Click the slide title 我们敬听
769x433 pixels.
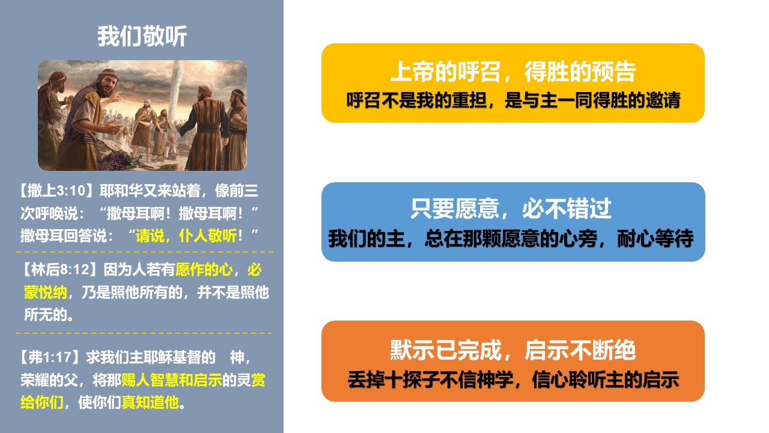coord(142,36)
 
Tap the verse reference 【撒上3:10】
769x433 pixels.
coord(56,191)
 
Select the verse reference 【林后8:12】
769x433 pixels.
coord(61,269)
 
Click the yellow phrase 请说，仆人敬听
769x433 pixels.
coord(186,236)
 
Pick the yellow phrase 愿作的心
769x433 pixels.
coord(204,269)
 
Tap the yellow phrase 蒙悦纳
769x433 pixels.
coord(45,292)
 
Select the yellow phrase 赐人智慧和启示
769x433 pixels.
coord(172,380)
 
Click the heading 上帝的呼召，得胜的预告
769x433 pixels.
coord(513,72)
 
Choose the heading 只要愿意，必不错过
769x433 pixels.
coord(511,209)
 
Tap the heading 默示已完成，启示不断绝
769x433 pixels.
coord(513,350)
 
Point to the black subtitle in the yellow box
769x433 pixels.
coord(513,100)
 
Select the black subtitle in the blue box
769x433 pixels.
coord(511,238)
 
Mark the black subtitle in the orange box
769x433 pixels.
coord(513,379)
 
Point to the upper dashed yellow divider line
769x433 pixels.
coord(145,252)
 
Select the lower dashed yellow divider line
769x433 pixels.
coord(144,333)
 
